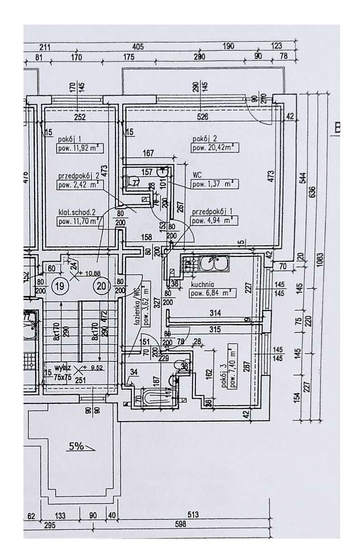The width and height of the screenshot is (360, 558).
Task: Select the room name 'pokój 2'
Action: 204,139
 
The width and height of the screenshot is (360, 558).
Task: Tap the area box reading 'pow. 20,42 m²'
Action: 213,149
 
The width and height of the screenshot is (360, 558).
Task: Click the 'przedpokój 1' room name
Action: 210,212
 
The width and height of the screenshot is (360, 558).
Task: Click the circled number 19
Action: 60,287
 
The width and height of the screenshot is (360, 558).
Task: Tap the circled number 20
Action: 101,287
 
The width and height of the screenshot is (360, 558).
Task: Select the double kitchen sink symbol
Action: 213,261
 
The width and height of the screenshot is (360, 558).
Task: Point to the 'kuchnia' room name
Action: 200,283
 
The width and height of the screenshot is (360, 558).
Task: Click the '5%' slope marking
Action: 76,446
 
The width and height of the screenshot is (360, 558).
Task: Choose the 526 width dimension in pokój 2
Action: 203,117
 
